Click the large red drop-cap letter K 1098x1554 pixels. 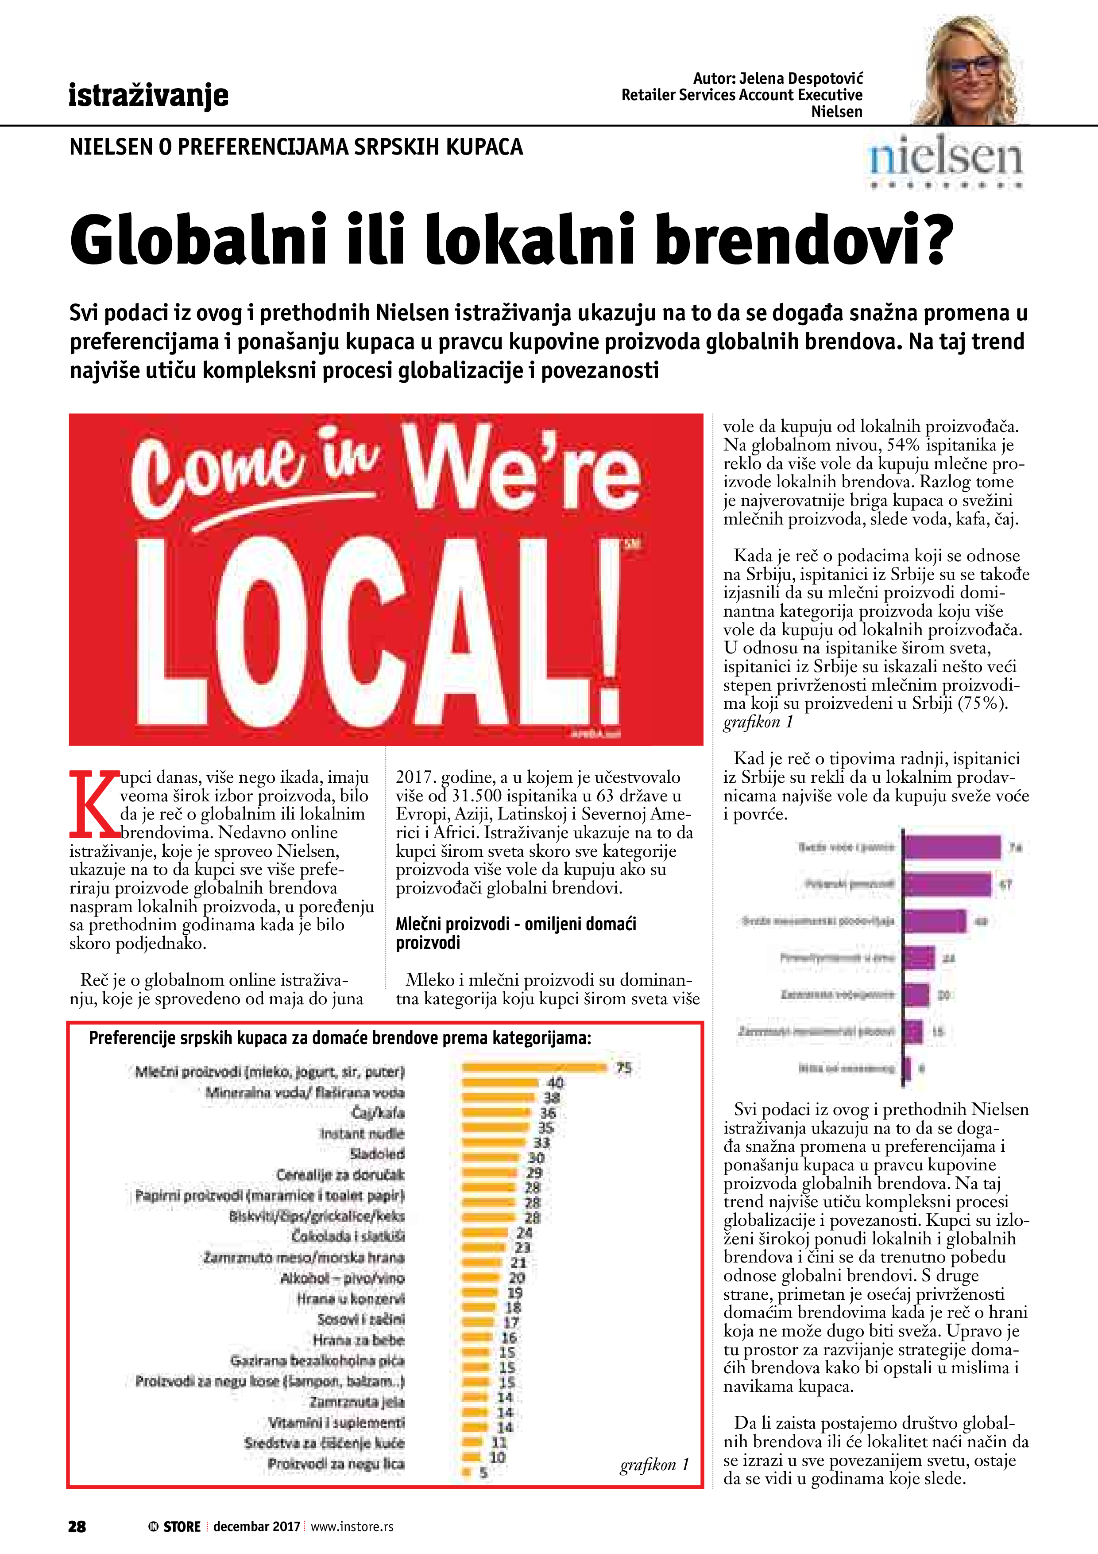pyautogui.click(x=95, y=804)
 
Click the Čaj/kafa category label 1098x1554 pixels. pyautogui.click(x=378, y=1113)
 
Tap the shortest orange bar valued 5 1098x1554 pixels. pyautogui.click(x=466, y=1472)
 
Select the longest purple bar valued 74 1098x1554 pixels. pyautogui.click(x=952, y=847)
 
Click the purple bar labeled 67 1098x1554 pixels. pyautogui.click(x=947, y=884)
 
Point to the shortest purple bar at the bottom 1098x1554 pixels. pyautogui.click(x=907, y=1069)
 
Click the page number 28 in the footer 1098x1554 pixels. pyautogui.click(x=77, y=1526)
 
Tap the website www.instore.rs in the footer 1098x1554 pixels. pyautogui.click(x=352, y=1526)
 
